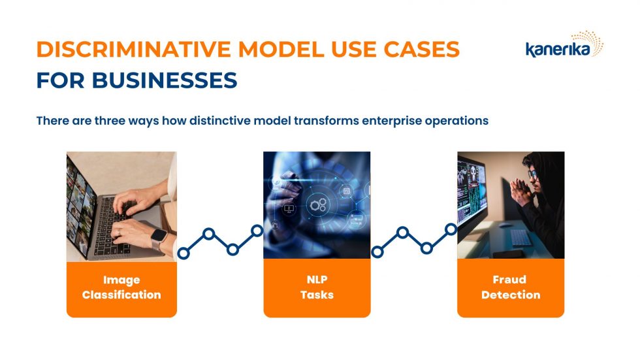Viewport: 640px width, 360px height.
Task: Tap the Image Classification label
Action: click(x=121, y=287)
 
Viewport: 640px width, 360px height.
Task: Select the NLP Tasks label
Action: click(x=317, y=287)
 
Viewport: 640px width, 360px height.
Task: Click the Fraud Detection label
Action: click(x=511, y=287)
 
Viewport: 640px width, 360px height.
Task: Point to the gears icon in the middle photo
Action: click(x=318, y=205)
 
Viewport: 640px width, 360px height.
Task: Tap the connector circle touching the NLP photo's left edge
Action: click(x=257, y=230)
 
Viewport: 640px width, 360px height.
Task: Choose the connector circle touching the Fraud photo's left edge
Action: click(x=451, y=229)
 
